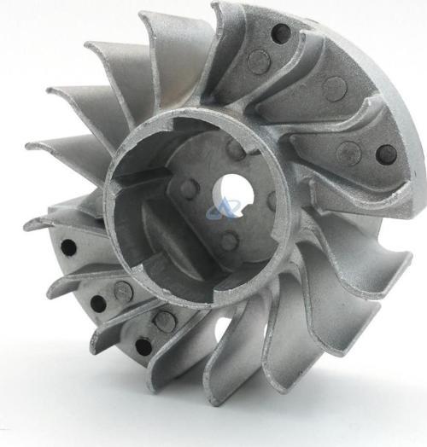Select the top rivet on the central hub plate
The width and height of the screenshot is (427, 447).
coord(237,150)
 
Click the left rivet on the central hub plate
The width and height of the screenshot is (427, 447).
coord(190,189)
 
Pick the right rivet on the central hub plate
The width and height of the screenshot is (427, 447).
coord(273,201)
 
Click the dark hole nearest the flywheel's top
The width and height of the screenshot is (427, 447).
coord(280,34)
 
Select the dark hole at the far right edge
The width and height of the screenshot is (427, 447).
coord(386,154)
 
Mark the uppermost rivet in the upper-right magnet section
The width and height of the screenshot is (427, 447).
coord(258,61)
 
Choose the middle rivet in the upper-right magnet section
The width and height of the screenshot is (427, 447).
coord(335,88)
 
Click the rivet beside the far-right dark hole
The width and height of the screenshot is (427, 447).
coord(348,154)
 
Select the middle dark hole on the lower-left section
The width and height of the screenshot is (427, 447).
coord(98,303)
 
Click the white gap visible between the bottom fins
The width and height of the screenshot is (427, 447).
coord(224,328)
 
